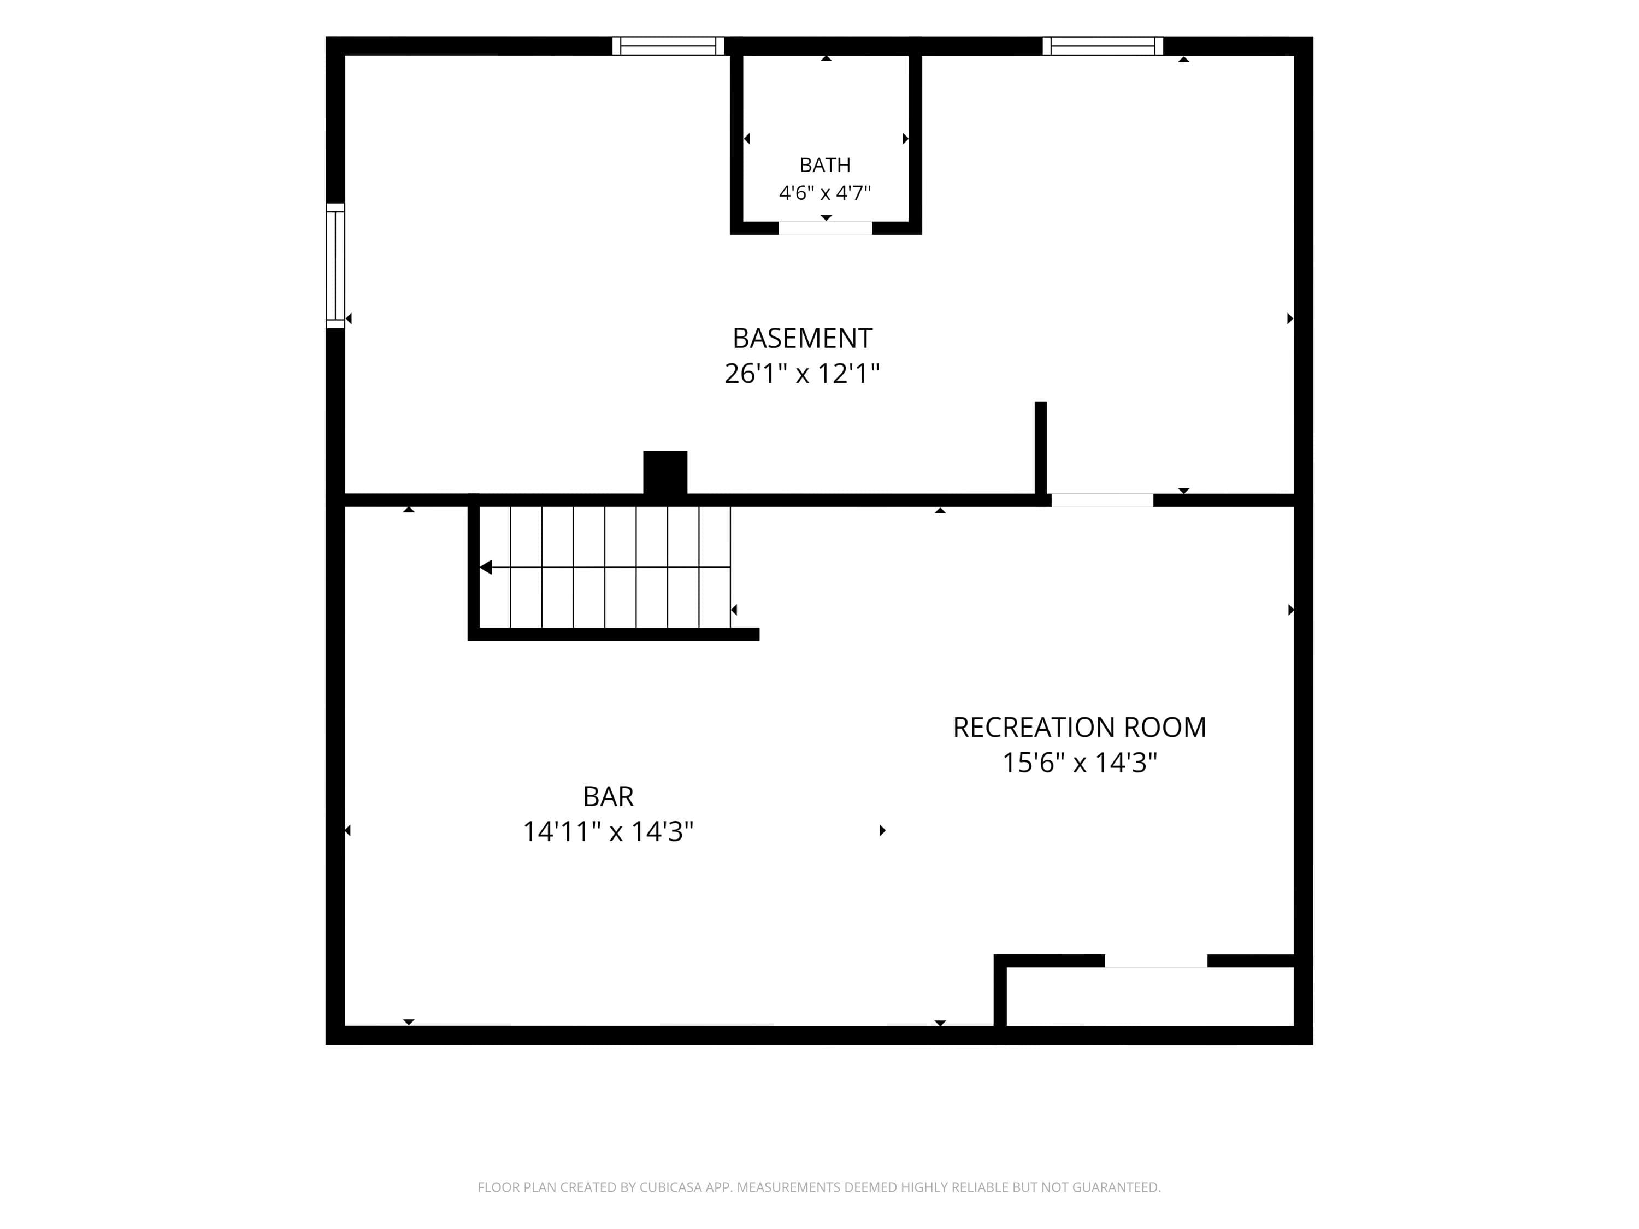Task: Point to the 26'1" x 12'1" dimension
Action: point(803,374)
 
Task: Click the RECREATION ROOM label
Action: point(1080,728)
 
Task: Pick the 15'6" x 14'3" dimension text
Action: point(1080,763)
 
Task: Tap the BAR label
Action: point(608,796)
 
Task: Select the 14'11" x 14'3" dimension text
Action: point(608,831)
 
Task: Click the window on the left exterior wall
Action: point(335,265)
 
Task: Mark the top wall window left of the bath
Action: point(668,46)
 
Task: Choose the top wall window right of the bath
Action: point(1103,46)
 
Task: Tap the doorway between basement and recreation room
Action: point(1102,500)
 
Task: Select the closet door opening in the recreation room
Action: point(1156,961)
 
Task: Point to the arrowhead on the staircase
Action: point(486,568)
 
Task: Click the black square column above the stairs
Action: point(665,472)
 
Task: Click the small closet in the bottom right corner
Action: point(1150,996)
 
